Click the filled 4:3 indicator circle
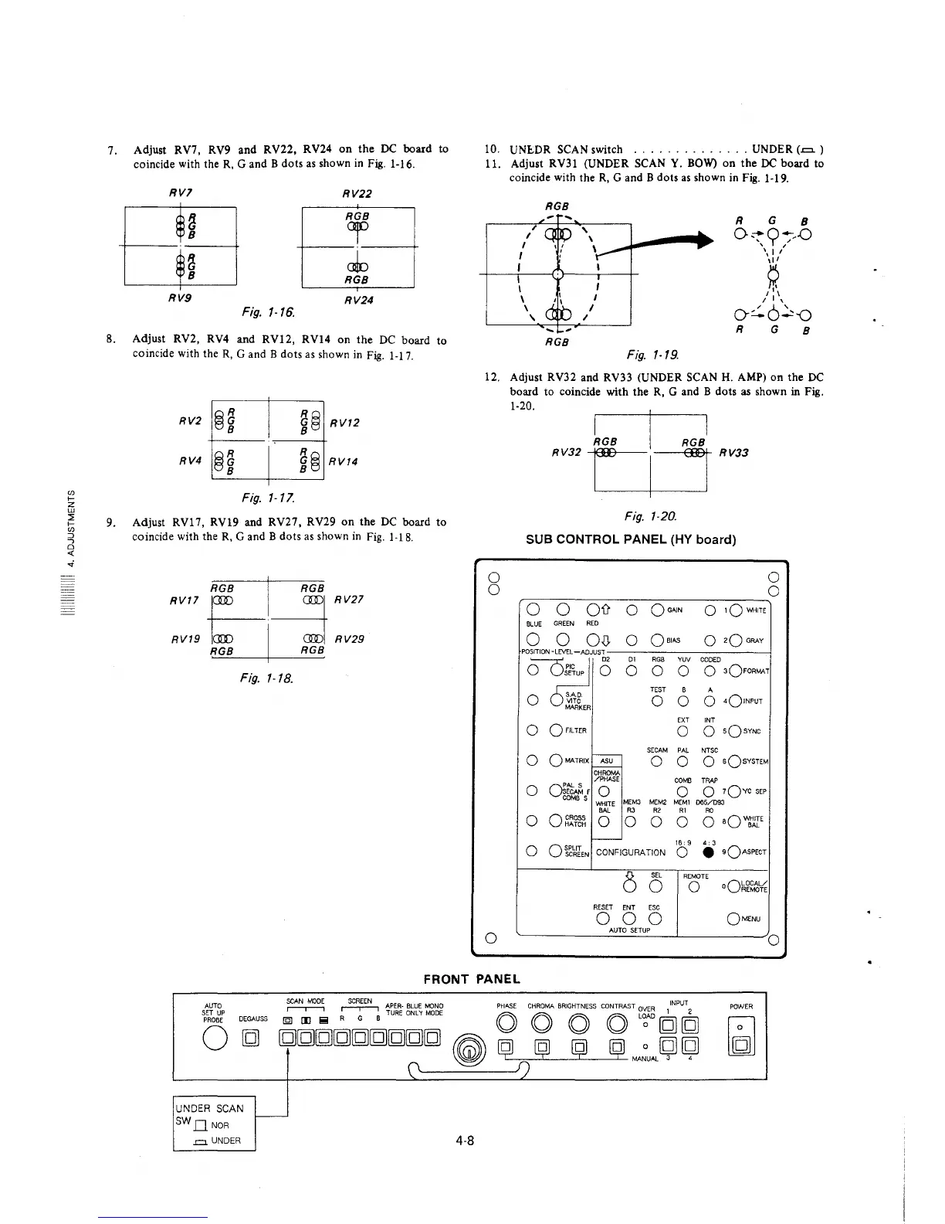[709, 852]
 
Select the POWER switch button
[740, 1047]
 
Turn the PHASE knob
[506, 1025]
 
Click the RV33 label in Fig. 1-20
[734, 453]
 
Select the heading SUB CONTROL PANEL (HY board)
[630, 539]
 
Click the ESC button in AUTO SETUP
[655, 920]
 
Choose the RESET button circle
[602, 920]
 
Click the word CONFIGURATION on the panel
[631, 852]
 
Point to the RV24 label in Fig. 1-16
[358, 300]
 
